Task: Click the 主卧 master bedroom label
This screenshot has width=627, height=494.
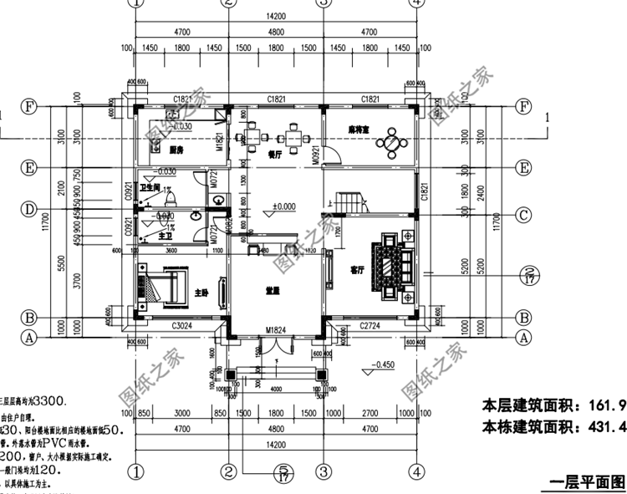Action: pos(201,293)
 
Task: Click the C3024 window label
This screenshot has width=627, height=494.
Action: pos(183,326)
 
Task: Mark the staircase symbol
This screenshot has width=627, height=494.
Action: pos(348,201)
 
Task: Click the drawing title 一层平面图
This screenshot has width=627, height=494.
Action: pos(583,482)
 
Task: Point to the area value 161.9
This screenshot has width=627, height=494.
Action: pos(608,405)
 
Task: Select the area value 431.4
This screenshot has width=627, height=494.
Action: pos(608,428)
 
